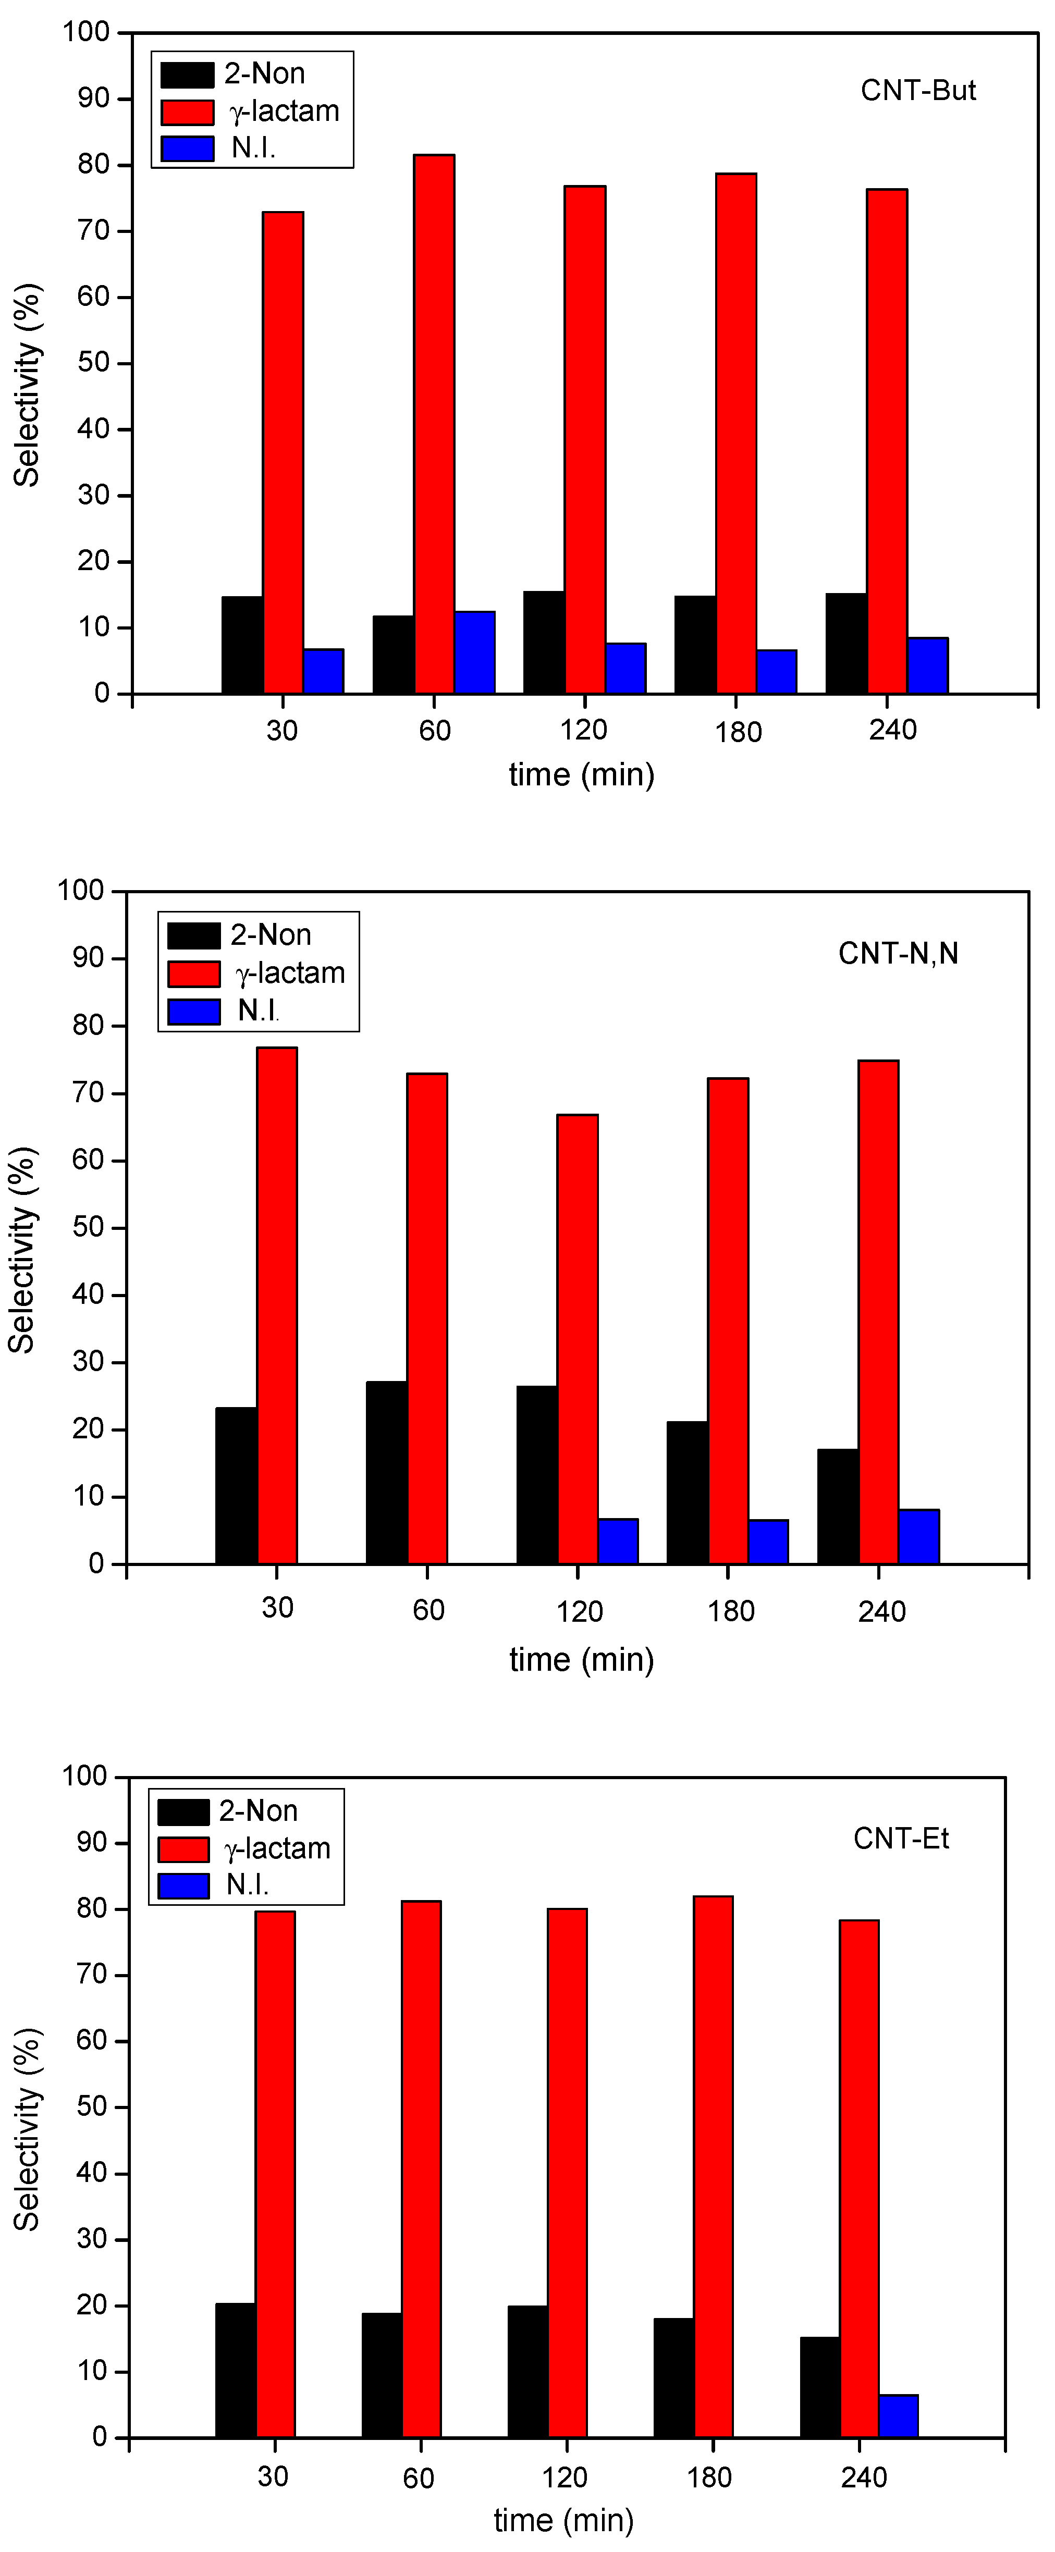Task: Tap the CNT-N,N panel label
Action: pyautogui.click(x=898, y=953)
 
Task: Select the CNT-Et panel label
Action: pyautogui.click(x=901, y=1839)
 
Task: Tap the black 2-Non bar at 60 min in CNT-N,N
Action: pyautogui.click(x=386, y=1472)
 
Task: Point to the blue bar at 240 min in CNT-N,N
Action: pyautogui.click(x=918, y=1536)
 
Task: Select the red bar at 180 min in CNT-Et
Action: pyautogui.click(x=713, y=2167)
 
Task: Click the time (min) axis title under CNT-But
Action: pyautogui.click(x=582, y=775)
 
